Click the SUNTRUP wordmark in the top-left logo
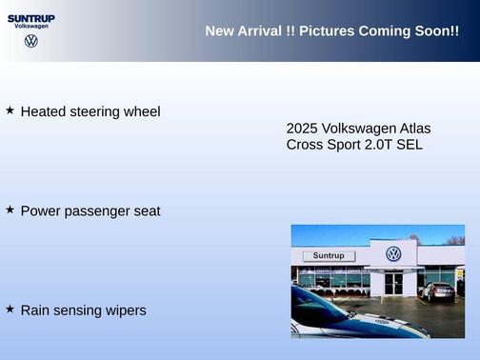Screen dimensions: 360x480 pos(31,18)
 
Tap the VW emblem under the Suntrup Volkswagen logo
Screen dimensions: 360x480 pos(31,41)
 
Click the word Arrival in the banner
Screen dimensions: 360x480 pos(259,31)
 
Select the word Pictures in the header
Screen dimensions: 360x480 pos(327,31)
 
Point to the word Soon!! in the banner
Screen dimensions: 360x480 pos(436,31)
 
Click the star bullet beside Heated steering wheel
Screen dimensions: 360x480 pos(10,110)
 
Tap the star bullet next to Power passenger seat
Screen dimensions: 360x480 pos(10,210)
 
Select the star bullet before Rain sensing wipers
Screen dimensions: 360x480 pos(10,309)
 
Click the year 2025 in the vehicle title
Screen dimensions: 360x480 pos(302,129)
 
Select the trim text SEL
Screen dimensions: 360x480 pos(410,145)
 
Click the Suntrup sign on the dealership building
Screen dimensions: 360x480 pos(329,255)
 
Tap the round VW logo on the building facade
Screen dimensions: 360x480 pos(393,254)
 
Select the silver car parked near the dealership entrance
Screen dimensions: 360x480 pos(438,291)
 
